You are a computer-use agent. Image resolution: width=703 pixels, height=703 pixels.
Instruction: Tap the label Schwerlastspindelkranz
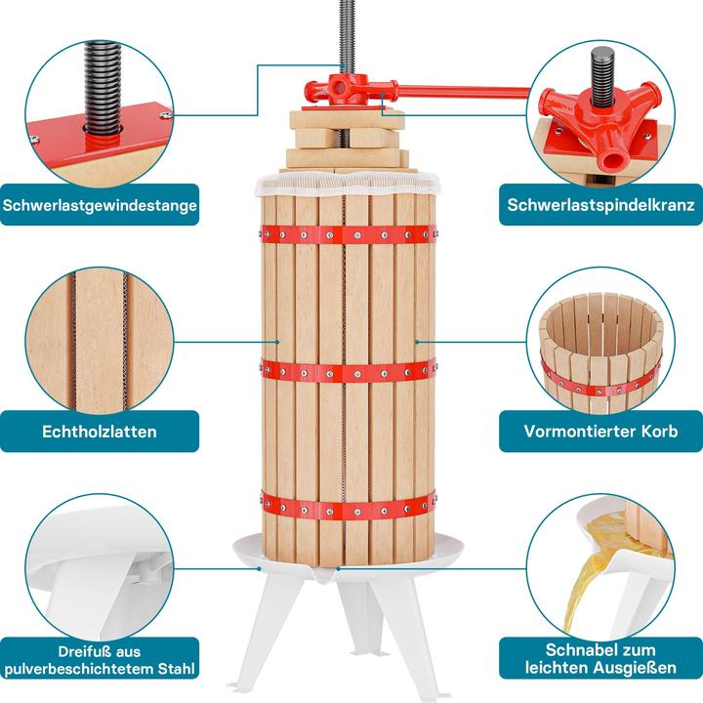(600, 205)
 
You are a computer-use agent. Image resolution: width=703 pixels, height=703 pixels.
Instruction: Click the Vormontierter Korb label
(600, 431)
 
